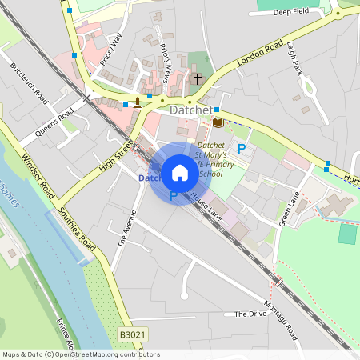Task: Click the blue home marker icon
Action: [x=180, y=172]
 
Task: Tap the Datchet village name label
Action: [x=191, y=110]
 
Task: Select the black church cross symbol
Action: [x=198, y=78]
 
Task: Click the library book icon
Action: [x=218, y=122]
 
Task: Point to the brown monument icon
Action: [x=138, y=102]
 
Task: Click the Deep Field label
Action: [x=290, y=13]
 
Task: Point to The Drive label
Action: [x=250, y=314]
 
